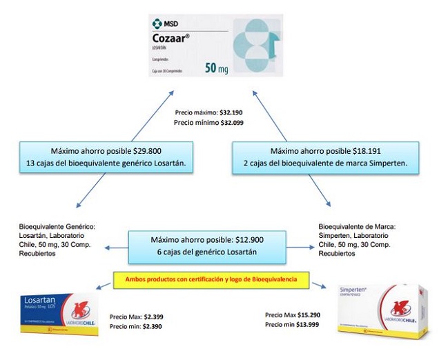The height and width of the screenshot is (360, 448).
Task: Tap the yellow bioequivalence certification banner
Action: (211, 280)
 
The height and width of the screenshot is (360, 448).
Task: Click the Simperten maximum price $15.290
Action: (317, 314)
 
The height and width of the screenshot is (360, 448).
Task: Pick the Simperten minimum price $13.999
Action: (316, 326)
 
